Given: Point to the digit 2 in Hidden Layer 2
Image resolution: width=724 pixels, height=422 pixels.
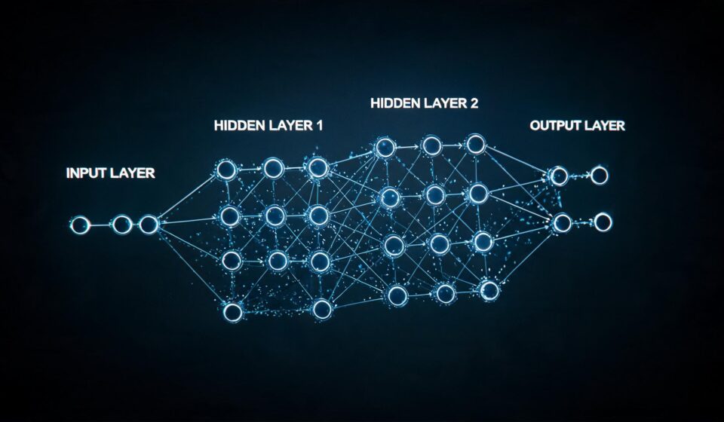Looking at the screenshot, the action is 474,103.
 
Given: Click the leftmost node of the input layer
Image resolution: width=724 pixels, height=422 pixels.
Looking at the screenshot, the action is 79,225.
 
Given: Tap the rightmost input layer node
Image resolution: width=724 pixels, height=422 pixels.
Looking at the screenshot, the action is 149,225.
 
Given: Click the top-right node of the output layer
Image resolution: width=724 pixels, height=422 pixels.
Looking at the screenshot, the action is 600,176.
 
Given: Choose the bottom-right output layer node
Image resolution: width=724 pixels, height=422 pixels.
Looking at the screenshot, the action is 603,223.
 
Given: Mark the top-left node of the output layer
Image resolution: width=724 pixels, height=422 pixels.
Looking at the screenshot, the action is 558,176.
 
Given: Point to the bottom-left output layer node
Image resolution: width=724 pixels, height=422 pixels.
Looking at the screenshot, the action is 563,223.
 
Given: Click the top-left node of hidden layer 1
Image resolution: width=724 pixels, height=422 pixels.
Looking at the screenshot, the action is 227,170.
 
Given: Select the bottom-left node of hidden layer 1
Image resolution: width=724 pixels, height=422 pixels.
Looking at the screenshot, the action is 233,312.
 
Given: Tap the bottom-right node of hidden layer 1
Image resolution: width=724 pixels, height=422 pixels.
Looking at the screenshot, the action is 322,309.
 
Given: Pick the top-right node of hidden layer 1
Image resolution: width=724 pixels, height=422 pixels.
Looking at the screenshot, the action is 318,168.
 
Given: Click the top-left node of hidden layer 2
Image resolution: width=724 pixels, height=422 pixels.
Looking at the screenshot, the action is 385,148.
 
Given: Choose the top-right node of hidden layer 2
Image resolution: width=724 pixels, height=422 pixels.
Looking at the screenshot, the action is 476,145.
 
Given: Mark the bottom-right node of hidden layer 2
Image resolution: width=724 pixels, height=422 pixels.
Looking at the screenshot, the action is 489,291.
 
